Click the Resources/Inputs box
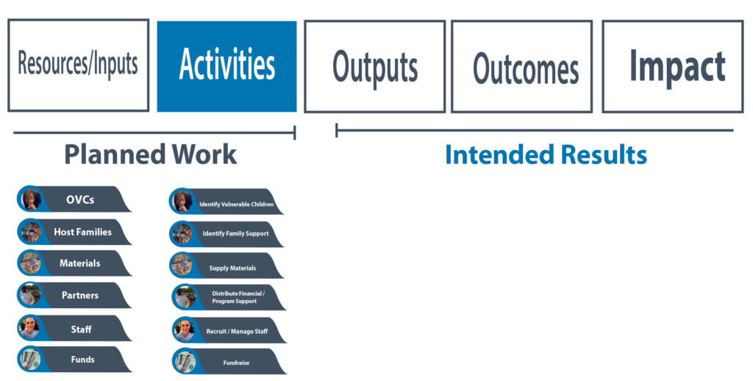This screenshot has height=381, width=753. coord(78,65)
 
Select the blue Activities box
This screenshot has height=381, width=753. coord(226,66)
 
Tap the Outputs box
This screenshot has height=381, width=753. coord(374,66)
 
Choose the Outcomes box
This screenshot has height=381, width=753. coord(521,66)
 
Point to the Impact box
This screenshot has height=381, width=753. coord(672,66)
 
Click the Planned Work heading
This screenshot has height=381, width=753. coord(150,154)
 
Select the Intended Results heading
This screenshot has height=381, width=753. coord(546,154)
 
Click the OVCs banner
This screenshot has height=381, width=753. coord(74,199)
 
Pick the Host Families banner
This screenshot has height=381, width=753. coord(74,232)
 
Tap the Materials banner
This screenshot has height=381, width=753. coord(74,263)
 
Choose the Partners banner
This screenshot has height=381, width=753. coord(74,295)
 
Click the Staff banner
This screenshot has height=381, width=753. coord(74,329)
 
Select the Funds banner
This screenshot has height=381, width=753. coord(74,360)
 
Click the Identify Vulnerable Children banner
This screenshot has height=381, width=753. coord(226,202)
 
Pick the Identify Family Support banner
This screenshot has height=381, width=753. coord(226,234)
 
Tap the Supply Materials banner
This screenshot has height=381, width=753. coord(226,266)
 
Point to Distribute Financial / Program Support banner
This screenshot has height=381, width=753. coord(229,297)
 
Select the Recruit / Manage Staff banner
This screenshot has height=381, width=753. coord(229,330)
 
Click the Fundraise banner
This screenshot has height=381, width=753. coord(229,361)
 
